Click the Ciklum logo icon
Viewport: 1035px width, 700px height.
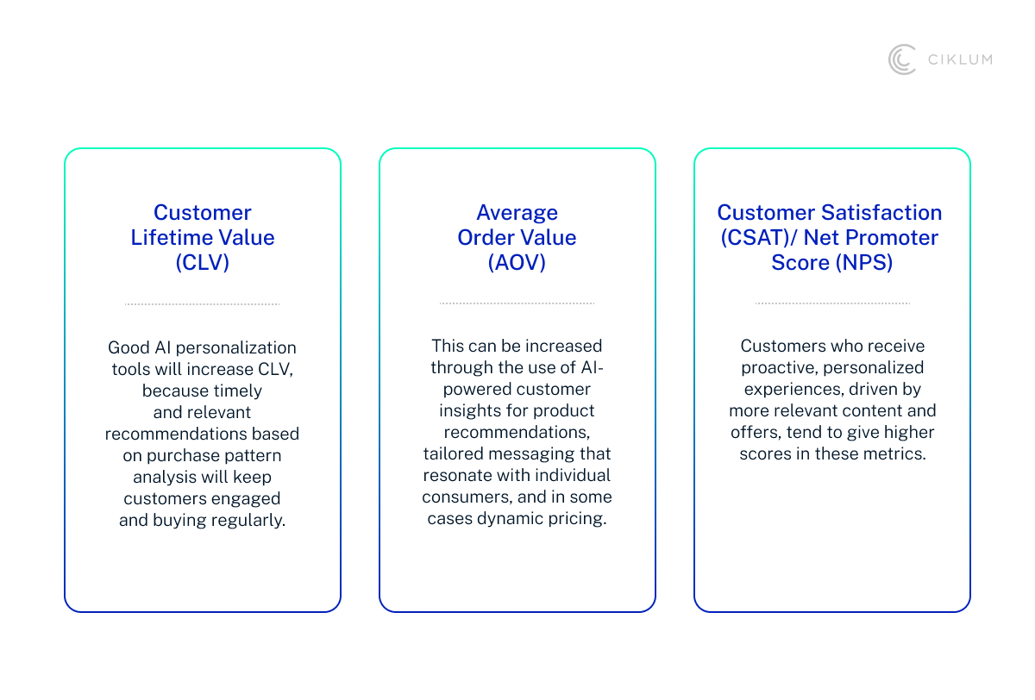(902, 59)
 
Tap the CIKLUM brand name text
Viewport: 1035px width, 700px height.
(960, 59)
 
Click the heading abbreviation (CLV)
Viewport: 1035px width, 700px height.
(203, 262)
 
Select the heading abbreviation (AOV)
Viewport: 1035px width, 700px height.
(517, 262)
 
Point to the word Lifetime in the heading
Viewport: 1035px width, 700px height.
(172, 237)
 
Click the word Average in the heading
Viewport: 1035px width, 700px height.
(517, 212)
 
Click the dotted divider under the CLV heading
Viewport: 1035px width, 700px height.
(203, 303)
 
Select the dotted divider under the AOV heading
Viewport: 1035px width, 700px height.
(517, 303)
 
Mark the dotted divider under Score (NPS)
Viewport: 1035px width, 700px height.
(832, 303)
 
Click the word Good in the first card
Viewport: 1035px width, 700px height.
(128, 348)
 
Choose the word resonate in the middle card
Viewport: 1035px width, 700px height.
(454, 475)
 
